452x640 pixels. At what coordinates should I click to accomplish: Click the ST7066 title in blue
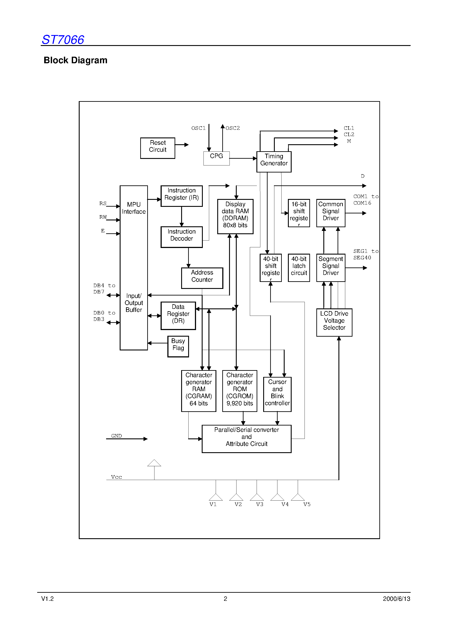pos(63,40)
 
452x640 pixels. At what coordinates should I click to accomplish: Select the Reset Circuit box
pos(158,148)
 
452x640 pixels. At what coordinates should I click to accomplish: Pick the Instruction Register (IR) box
pos(181,196)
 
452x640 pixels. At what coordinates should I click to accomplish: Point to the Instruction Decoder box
pos(181,237)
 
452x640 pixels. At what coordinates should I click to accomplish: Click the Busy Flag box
pos(178,346)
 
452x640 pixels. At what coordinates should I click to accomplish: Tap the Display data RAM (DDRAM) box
pos(235,216)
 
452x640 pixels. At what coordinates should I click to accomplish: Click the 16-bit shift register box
pos(299,213)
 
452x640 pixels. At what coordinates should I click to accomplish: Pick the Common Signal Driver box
pos(331,213)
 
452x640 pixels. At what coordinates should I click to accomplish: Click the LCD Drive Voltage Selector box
pos(334,322)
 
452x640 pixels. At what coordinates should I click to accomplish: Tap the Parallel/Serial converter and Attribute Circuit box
pos(246,438)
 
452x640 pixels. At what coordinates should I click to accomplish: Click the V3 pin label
pos(259,504)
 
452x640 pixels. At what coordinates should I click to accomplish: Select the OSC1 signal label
pos(198,128)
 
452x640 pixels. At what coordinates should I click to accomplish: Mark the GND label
pos(116,436)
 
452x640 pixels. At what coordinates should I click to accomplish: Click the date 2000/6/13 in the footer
pos(396,599)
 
